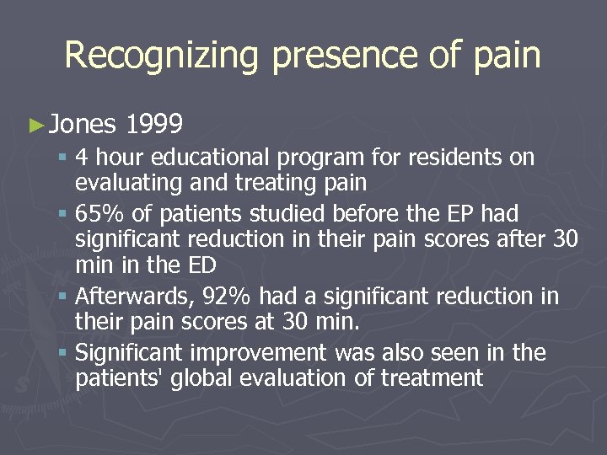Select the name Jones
[82, 126]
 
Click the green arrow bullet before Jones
[34, 126]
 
